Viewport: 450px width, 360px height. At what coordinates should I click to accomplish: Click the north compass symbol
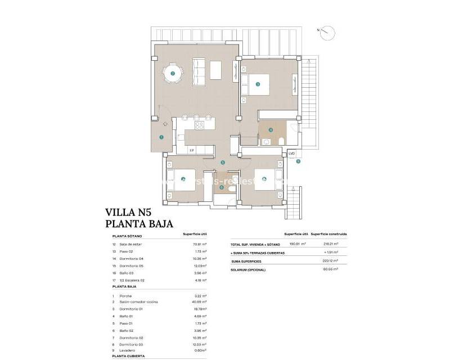325,33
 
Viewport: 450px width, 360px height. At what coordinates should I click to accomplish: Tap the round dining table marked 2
173,74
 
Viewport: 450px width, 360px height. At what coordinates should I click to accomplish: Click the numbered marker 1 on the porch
161,137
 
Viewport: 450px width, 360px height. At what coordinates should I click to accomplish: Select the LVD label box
291,153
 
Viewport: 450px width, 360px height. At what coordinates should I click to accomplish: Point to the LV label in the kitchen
191,150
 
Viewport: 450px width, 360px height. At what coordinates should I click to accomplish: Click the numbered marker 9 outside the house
298,161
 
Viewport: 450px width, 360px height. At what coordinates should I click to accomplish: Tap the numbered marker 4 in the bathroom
271,130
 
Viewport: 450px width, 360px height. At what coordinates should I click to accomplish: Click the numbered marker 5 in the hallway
223,163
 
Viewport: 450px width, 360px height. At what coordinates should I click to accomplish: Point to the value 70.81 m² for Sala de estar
200,245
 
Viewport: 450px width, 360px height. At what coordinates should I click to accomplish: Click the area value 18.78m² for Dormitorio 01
200,309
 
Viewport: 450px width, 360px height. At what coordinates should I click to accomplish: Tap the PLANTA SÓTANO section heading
128,237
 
